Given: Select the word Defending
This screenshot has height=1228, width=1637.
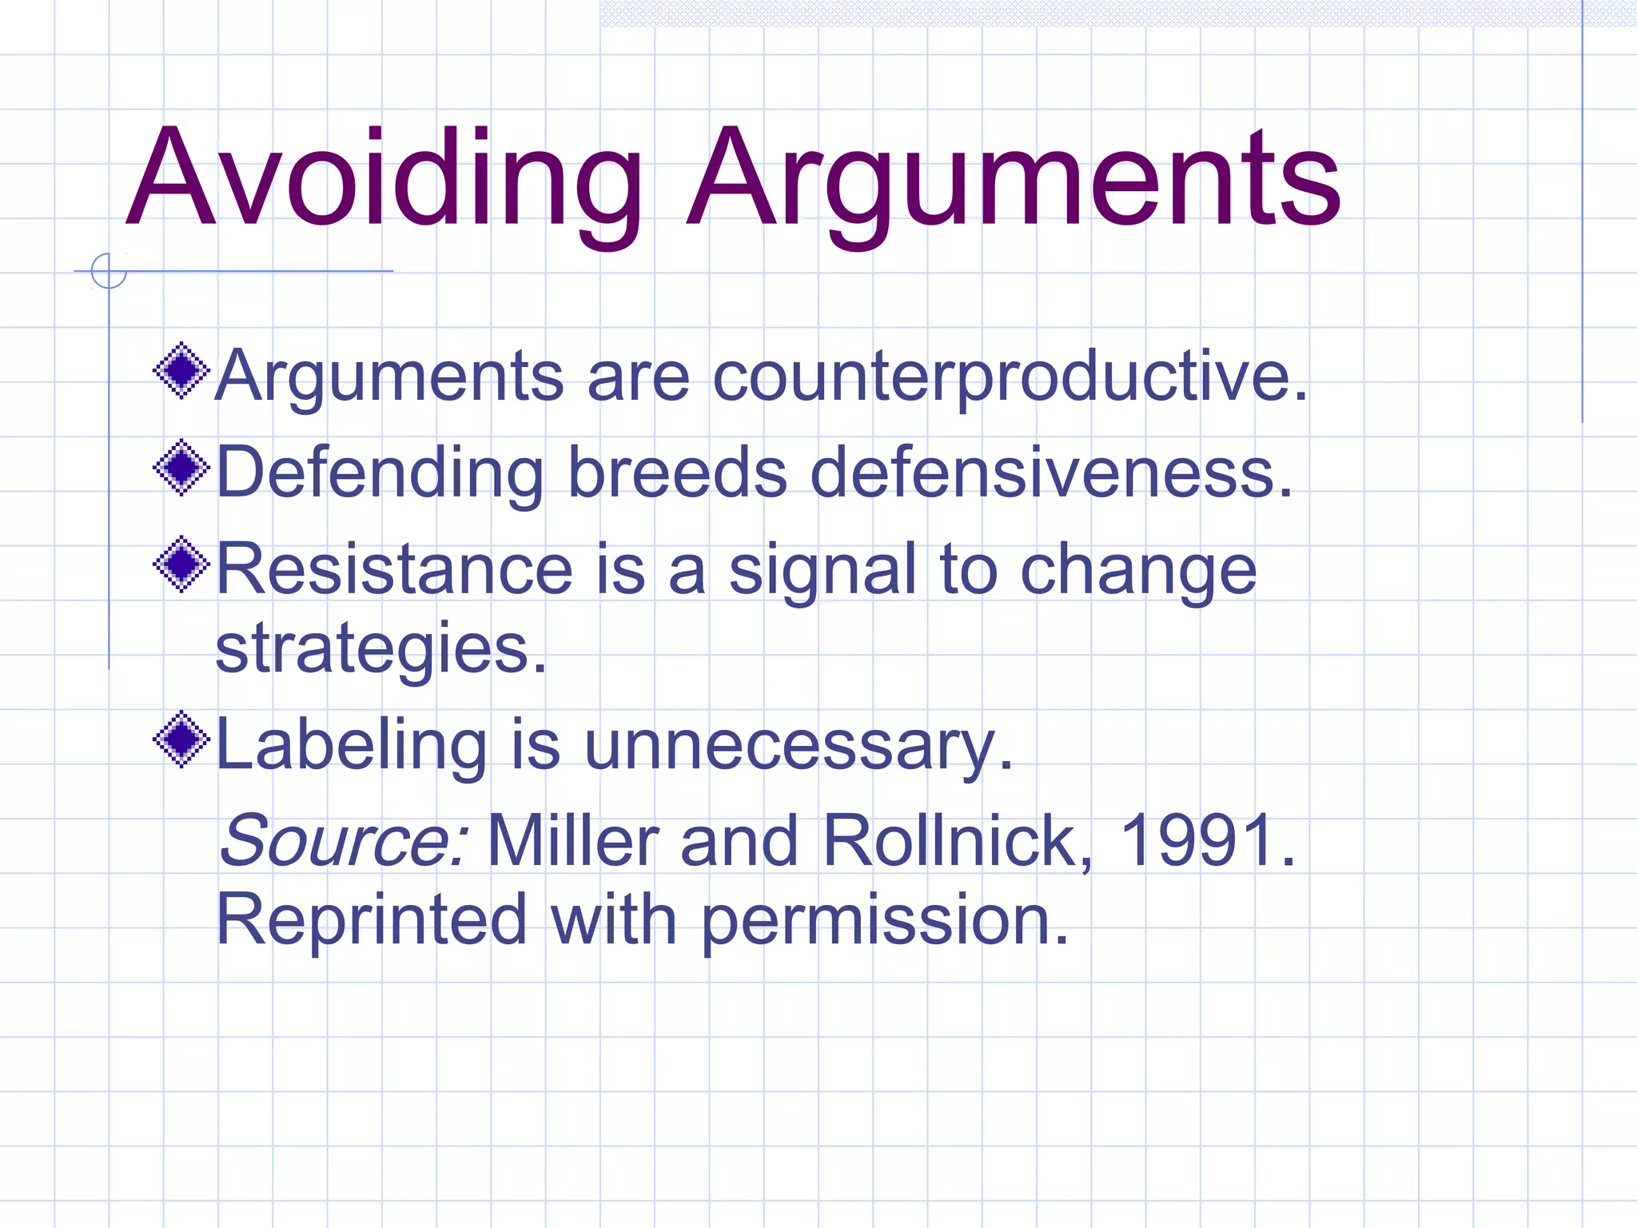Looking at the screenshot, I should click(380, 473).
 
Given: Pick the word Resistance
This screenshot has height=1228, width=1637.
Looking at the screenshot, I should click(395, 568).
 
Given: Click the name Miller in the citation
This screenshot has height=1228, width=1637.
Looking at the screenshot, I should click(572, 840).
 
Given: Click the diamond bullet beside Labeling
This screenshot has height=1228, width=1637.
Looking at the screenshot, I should click(181, 740).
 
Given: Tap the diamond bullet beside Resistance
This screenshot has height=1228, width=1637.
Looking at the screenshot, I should click(181, 564).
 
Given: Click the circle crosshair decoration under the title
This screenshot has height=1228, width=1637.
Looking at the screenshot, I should click(109, 271).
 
